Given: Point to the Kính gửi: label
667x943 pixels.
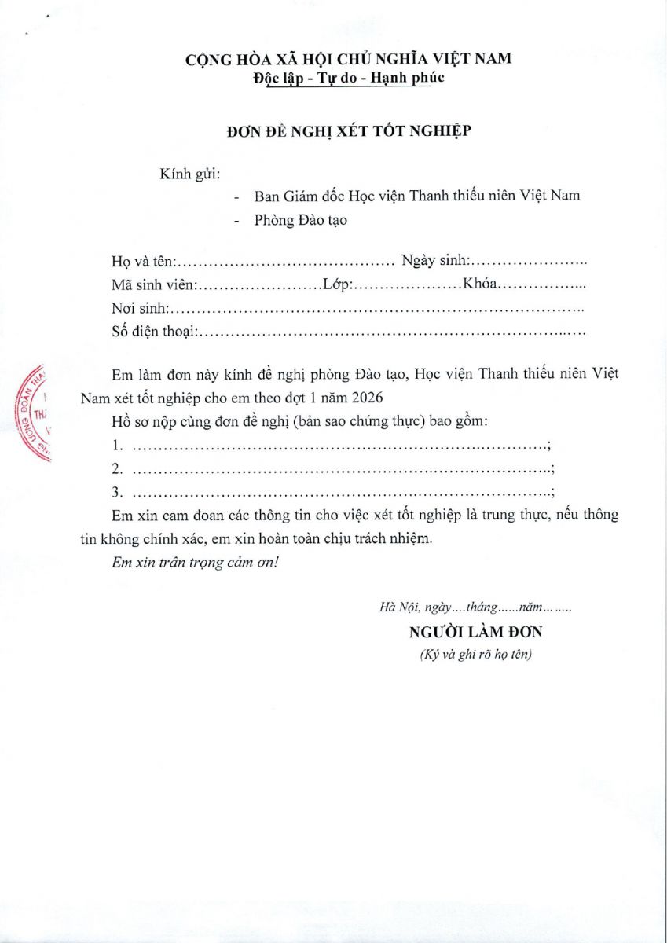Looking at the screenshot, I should pos(189,173).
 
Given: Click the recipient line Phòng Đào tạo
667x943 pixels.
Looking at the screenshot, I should pos(300,220).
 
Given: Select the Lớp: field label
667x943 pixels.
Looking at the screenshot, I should pos(337,284).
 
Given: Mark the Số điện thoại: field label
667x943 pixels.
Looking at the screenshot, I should pos(154,332).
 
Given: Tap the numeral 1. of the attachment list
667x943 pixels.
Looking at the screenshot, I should pos(118,446).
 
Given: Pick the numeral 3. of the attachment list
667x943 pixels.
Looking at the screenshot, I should pos(118,493).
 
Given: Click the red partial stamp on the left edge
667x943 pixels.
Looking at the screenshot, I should pos(32,413).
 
